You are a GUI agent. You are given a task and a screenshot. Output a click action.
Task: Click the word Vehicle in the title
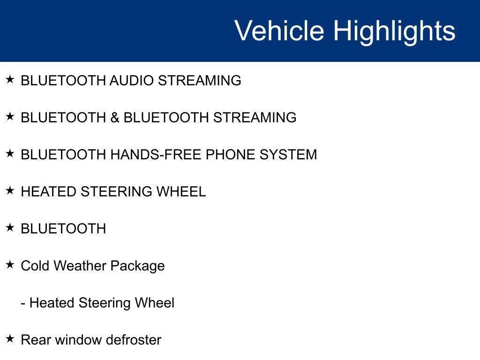pyautogui.click(x=279, y=30)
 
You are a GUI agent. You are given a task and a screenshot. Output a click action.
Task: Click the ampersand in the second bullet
pyautogui.click(x=115, y=118)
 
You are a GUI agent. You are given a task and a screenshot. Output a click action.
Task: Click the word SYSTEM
pyautogui.click(x=288, y=155)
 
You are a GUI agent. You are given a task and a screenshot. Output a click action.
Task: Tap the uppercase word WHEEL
pyautogui.click(x=181, y=192)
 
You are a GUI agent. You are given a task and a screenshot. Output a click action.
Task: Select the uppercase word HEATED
pyautogui.click(x=49, y=192)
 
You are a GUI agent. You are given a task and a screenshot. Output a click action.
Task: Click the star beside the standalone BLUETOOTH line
pyautogui.click(x=10, y=227)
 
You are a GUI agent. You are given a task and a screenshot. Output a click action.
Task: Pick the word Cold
pyautogui.click(x=35, y=265)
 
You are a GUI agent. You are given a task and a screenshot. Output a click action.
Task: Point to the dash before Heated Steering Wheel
pyautogui.click(x=23, y=304)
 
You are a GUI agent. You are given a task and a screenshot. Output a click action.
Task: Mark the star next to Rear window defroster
pyautogui.click(x=10, y=338)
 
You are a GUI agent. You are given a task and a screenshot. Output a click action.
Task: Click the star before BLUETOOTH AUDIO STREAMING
pyautogui.click(x=10, y=79)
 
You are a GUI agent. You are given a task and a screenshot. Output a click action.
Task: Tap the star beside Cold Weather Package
pyautogui.click(x=10, y=264)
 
